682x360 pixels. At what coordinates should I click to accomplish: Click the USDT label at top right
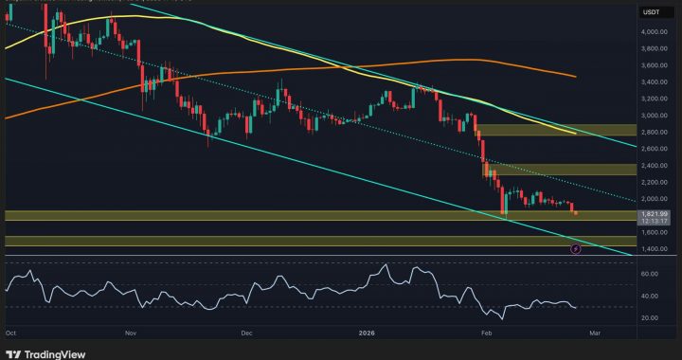coord(651,12)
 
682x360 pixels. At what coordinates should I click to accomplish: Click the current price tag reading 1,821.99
coord(655,214)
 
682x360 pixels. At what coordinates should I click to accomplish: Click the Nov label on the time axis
coord(130,333)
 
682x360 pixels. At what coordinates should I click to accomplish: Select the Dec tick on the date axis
coord(246,333)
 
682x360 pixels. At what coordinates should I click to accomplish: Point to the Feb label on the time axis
coord(487,333)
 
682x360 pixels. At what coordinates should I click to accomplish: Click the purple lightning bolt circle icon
coord(576,248)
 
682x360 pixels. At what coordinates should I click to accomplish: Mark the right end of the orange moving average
coord(574,76)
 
